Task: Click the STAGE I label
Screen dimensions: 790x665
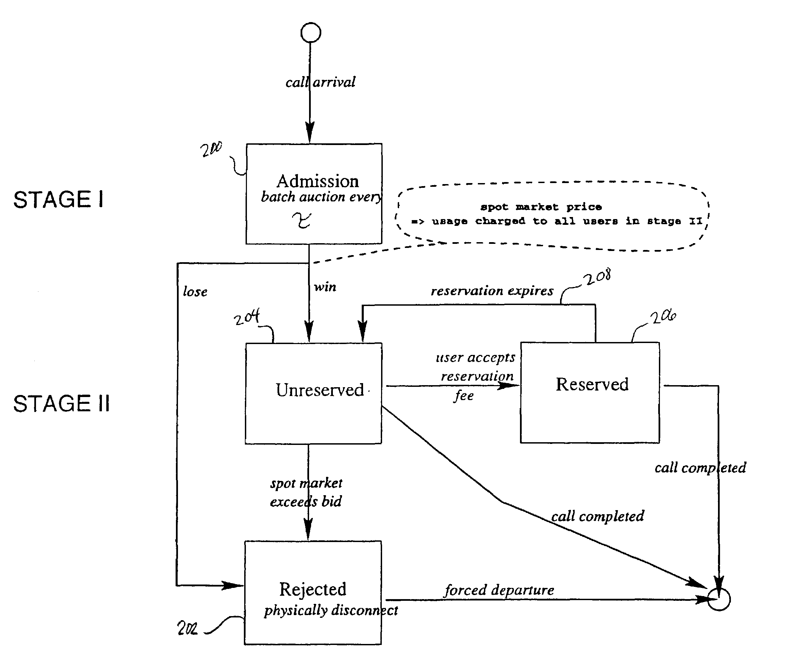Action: pos(58,199)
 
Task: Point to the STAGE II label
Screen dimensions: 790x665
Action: pos(61,403)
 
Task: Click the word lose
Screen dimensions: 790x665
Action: pos(195,292)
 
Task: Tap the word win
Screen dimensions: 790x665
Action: pos(325,287)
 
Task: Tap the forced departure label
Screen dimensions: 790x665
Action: pos(499,590)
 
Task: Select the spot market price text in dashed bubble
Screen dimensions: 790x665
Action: pos(541,206)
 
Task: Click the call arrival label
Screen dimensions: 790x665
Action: pos(320,82)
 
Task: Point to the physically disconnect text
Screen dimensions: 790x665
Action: pos(331,611)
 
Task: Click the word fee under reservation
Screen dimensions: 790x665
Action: pos(464,396)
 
